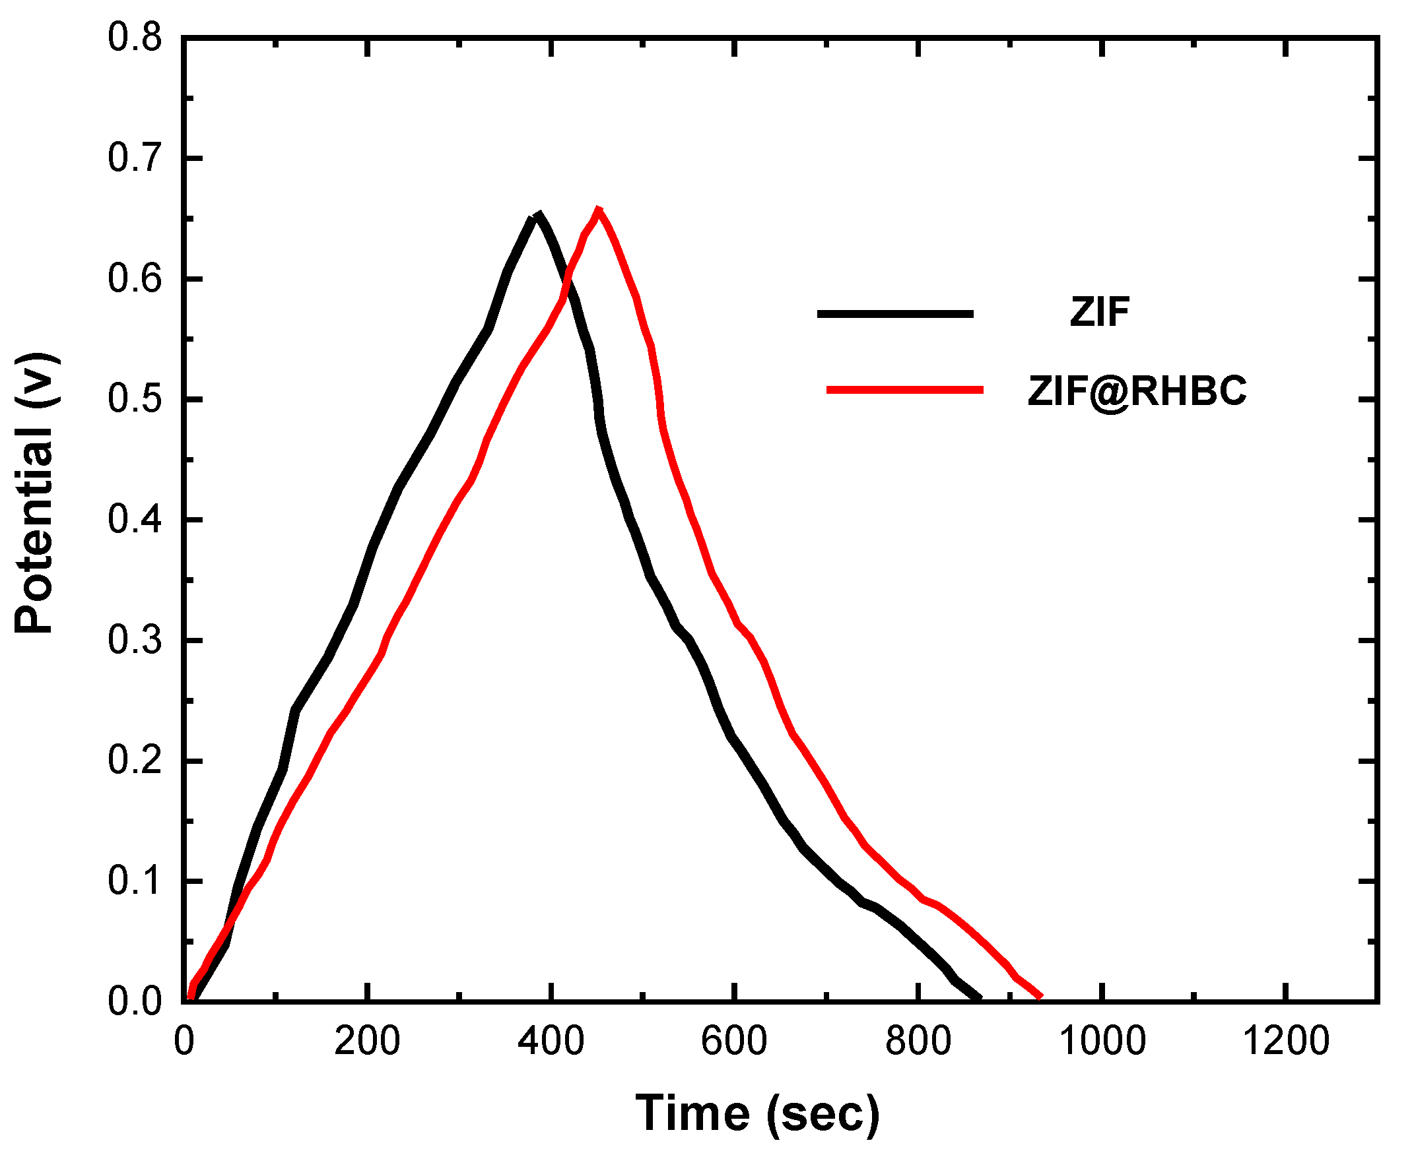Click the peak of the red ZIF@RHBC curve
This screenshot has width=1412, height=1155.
coord(599,209)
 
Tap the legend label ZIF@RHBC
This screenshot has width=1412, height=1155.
coord(1137,390)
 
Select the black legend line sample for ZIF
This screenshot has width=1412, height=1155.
coord(895,313)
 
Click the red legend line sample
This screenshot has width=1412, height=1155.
coord(905,390)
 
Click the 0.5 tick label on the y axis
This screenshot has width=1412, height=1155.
coord(135,399)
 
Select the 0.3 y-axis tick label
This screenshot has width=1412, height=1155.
coord(135,640)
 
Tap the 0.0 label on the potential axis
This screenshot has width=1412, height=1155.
coord(135,1001)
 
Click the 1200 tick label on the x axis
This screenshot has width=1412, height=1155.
coord(1286,1042)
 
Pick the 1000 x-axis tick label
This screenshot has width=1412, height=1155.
coord(1102,1042)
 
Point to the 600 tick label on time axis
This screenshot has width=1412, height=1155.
coord(734,1042)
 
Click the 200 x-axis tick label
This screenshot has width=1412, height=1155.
coord(367,1042)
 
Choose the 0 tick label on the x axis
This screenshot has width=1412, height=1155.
coord(184,1042)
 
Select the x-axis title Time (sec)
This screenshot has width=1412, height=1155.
coord(758,1112)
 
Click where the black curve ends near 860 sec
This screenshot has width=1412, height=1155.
coord(979,997)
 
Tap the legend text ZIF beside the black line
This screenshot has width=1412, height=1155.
coord(1100,311)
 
